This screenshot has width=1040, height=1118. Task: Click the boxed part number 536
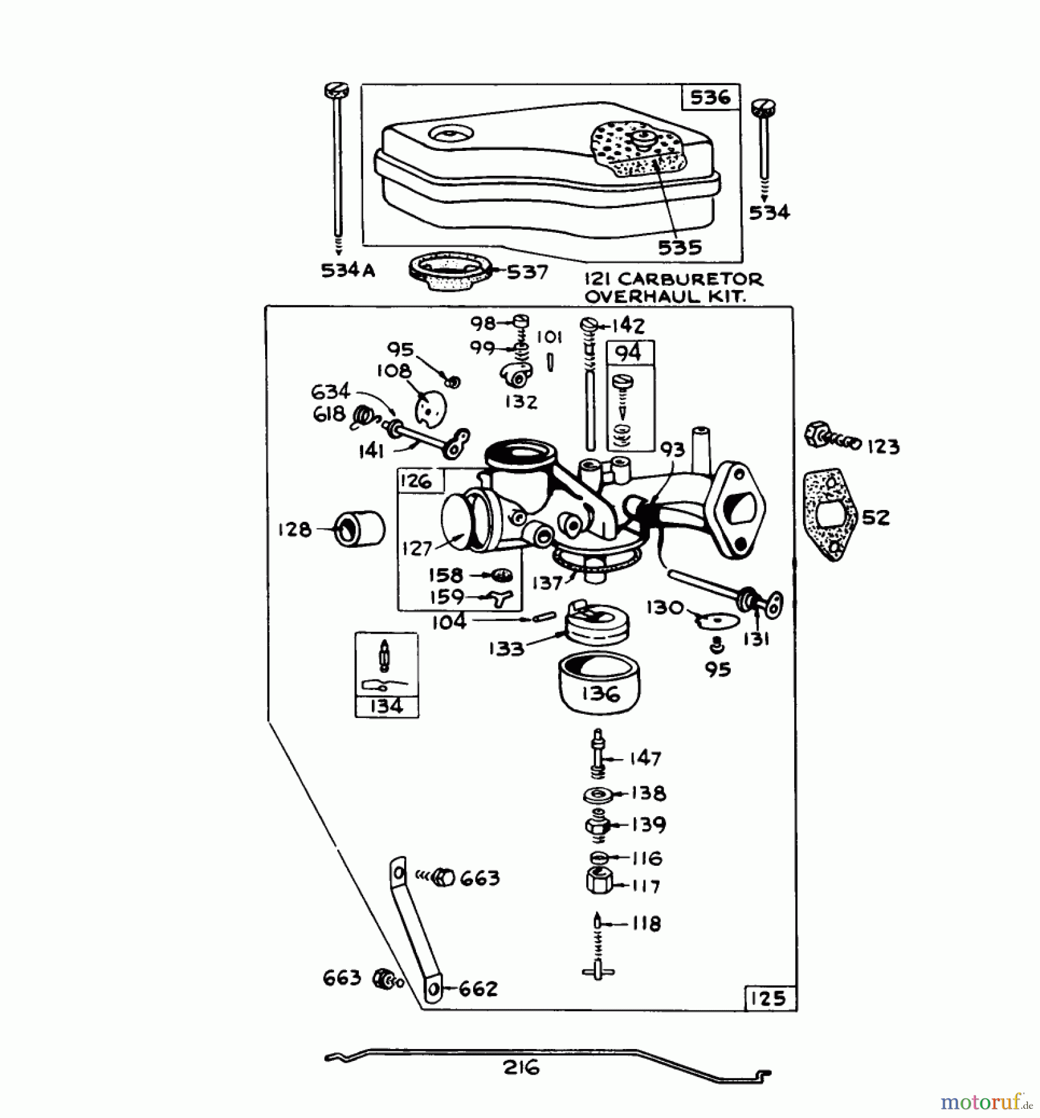pos(710,98)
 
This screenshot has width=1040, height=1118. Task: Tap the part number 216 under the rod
pos(521,1068)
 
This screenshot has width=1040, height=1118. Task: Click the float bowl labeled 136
pos(600,686)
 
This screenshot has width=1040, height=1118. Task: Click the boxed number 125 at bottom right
pos(769,998)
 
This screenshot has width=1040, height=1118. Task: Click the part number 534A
pos(348,271)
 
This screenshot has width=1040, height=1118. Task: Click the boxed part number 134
pos(386,706)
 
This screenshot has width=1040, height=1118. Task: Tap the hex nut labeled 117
pos(600,881)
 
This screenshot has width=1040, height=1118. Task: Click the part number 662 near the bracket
pos(478,989)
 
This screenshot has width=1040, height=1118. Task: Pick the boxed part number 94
pos(628,353)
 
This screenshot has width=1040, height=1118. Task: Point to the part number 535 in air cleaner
pos(679,248)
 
